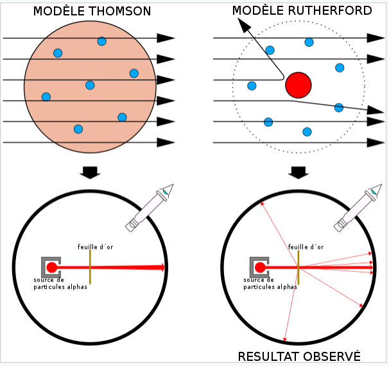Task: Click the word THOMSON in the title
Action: tap(120, 11)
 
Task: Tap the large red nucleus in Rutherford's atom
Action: tap(298, 85)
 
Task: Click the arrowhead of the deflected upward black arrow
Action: tap(244, 24)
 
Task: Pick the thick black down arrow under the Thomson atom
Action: tap(90, 172)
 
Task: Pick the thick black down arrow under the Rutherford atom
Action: tap(298, 172)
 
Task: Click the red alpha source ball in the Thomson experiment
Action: tap(51, 267)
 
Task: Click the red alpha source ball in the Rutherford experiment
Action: tap(260, 267)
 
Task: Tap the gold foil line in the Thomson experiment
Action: tap(90, 267)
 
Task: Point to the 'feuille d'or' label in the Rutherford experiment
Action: tap(306, 247)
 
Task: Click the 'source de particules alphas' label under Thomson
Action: tap(60, 283)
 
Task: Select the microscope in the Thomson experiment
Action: tap(150, 208)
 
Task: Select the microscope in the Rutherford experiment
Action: tap(358, 208)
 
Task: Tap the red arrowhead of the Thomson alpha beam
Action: tap(162, 267)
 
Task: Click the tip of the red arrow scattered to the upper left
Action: tap(261, 202)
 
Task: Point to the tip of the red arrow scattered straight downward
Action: tap(284, 341)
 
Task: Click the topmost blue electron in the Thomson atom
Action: tap(102, 41)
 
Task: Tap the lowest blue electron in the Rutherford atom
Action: tap(307, 132)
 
